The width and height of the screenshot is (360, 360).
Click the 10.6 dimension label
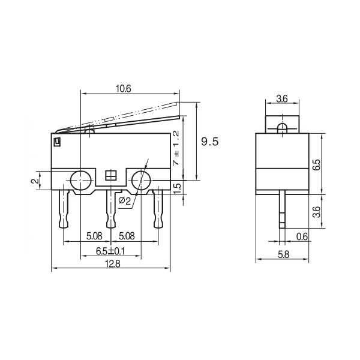pos(124,88)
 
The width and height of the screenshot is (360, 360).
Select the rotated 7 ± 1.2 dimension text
pos(176,148)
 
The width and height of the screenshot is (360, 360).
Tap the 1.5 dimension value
pos(176,187)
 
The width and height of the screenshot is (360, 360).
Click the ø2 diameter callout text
pos(125,200)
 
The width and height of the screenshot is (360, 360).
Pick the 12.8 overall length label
pos(109,264)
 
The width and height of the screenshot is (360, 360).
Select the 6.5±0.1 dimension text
pos(109,250)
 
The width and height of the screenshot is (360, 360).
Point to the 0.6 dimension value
pos(302,236)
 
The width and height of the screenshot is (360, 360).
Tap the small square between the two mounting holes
pos(110,176)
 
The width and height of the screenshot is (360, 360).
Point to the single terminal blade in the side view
pos(281,210)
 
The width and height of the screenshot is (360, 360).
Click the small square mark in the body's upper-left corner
pos(58,142)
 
